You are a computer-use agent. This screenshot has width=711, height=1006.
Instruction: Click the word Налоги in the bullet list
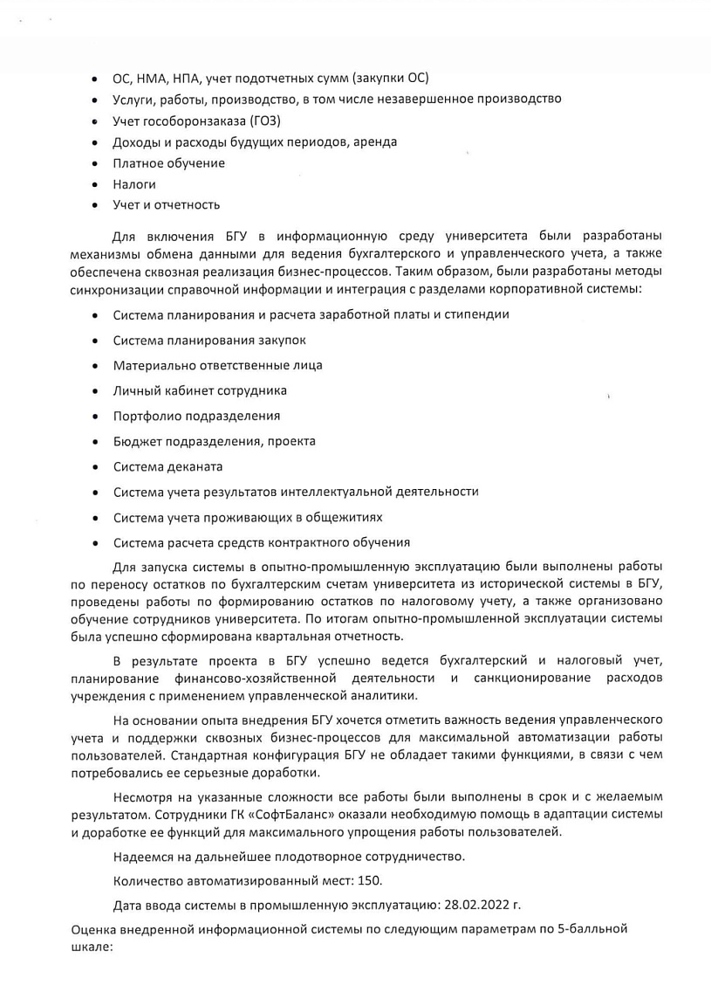[x=133, y=184]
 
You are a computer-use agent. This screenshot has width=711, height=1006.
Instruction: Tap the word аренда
[x=375, y=141]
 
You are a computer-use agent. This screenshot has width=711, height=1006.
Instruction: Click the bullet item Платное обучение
[x=168, y=162]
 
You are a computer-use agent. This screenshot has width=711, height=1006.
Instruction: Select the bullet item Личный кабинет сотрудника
[x=200, y=390]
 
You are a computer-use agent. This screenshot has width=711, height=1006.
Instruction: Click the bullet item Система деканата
[x=167, y=466]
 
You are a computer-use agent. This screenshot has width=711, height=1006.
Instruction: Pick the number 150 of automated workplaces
[x=370, y=879]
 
